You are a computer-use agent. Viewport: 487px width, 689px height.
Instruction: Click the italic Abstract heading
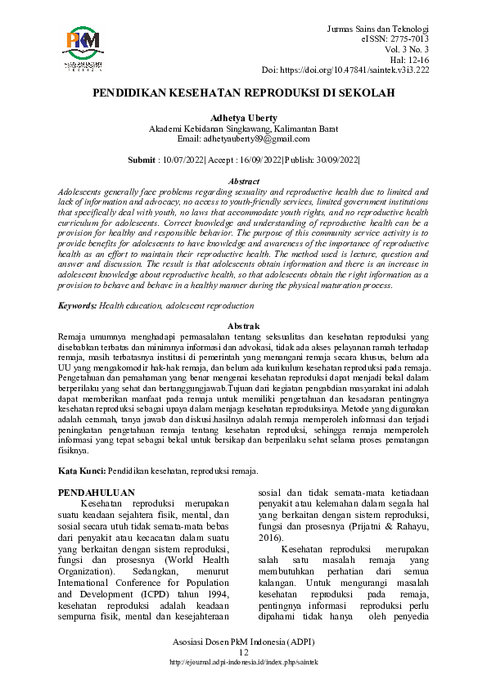[243, 181]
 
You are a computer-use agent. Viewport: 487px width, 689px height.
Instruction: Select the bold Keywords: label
[78, 304]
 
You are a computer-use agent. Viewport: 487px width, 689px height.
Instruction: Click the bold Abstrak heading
[243, 326]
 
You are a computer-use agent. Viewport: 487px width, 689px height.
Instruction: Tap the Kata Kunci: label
[82, 471]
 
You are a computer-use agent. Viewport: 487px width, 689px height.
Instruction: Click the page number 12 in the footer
[243, 651]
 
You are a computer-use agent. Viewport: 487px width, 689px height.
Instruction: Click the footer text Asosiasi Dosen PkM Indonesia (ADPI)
[243, 642]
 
